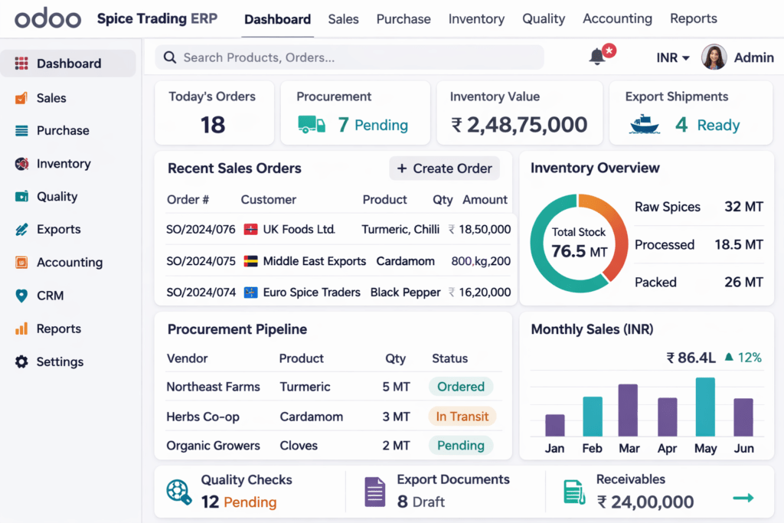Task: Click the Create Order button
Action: pyautogui.click(x=445, y=168)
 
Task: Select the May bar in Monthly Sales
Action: pyautogui.click(x=705, y=407)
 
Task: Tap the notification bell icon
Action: pyautogui.click(x=597, y=57)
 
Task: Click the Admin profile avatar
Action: pyautogui.click(x=714, y=57)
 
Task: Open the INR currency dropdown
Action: pyautogui.click(x=673, y=57)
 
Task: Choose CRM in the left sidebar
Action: pyautogui.click(x=50, y=296)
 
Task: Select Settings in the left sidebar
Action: pyautogui.click(x=60, y=361)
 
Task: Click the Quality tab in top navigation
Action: pyautogui.click(x=544, y=19)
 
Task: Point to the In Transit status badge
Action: pyautogui.click(x=462, y=417)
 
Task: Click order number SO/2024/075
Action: pyautogui.click(x=201, y=261)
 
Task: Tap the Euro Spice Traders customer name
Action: pyautogui.click(x=312, y=292)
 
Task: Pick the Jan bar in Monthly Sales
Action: pyautogui.click(x=555, y=425)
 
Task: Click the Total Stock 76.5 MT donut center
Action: pyautogui.click(x=579, y=244)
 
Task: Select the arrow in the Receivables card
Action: pyautogui.click(x=743, y=498)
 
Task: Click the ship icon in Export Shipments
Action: pyautogui.click(x=644, y=125)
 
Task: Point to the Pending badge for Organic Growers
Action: pyautogui.click(x=461, y=446)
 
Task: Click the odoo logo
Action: pyautogui.click(x=47, y=19)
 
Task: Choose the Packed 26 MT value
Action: pyautogui.click(x=743, y=283)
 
